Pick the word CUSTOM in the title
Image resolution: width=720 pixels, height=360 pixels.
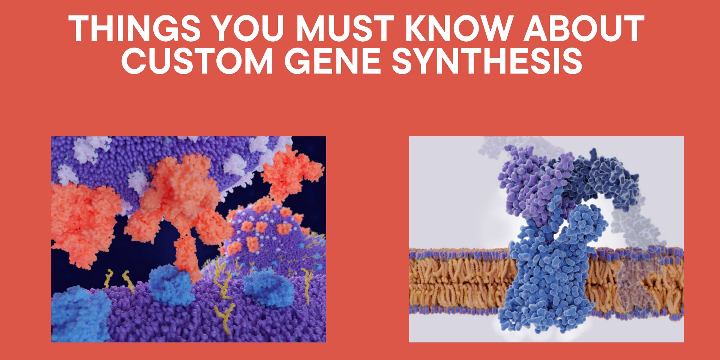click(197, 61)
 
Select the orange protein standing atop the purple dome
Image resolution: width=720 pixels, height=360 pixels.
click(289, 172)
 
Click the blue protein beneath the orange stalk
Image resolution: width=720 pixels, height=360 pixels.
click(171, 285)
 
